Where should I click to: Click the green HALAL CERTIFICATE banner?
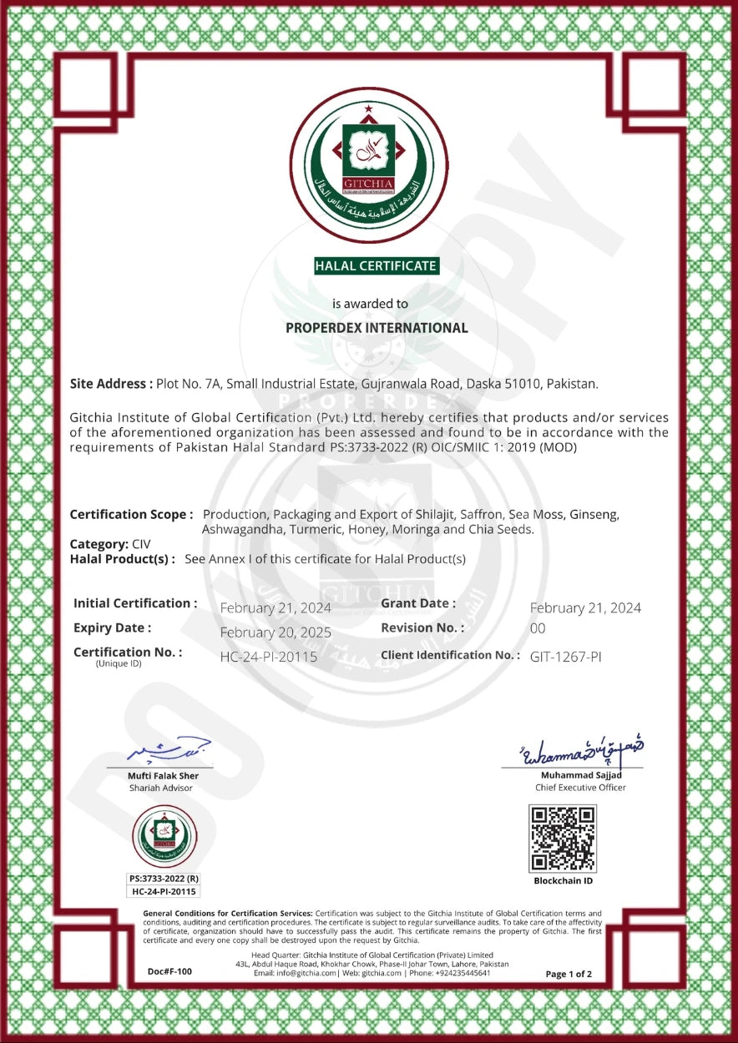tap(376, 266)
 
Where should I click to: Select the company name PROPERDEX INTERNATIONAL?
tap(377, 328)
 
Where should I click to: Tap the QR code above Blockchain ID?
tap(563, 839)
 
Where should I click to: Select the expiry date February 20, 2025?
tap(275, 632)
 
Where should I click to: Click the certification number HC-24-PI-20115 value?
tap(268, 657)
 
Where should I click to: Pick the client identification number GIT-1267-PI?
tap(565, 657)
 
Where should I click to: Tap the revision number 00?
tap(538, 628)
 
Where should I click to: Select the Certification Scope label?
tap(131, 515)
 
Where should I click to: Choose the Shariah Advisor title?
tap(161, 788)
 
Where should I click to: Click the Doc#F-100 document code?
tap(169, 971)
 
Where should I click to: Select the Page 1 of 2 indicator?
tap(569, 974)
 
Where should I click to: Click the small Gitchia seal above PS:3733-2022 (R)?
tap(164, 836)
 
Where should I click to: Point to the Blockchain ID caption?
tap(564, 881)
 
